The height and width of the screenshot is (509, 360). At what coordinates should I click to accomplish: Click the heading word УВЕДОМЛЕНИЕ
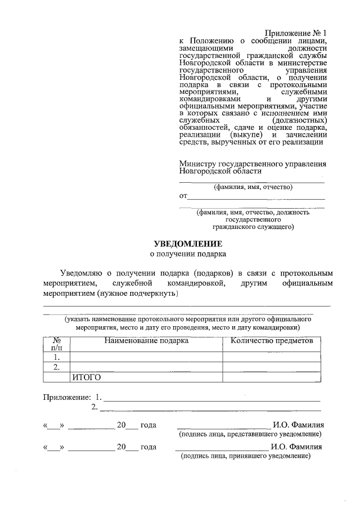coord(188,244)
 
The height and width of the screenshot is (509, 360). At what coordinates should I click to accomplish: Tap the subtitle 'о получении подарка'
coord(188,254)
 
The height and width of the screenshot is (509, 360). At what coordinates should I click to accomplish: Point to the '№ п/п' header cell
coord(56,344)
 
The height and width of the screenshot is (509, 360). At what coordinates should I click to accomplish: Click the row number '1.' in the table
coord(56,357)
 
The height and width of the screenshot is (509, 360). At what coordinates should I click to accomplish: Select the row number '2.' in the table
coord(56,367)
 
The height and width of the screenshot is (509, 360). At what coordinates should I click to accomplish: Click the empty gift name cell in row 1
coord(146,357)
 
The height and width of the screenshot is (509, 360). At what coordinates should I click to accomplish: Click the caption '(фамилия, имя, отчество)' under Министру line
coord(253,187)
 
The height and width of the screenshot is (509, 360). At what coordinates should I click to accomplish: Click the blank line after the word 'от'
coord(256,197)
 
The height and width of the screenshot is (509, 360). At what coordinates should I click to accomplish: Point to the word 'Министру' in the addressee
coord(197,163)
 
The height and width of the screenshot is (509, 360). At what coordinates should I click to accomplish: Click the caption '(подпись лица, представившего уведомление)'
coord(250,435)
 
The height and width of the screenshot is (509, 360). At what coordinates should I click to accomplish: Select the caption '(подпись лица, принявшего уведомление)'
coord(246,456)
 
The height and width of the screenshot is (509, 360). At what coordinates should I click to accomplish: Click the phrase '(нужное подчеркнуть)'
coord(138,294)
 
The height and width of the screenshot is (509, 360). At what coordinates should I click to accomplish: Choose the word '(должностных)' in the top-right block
coord(299,120)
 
